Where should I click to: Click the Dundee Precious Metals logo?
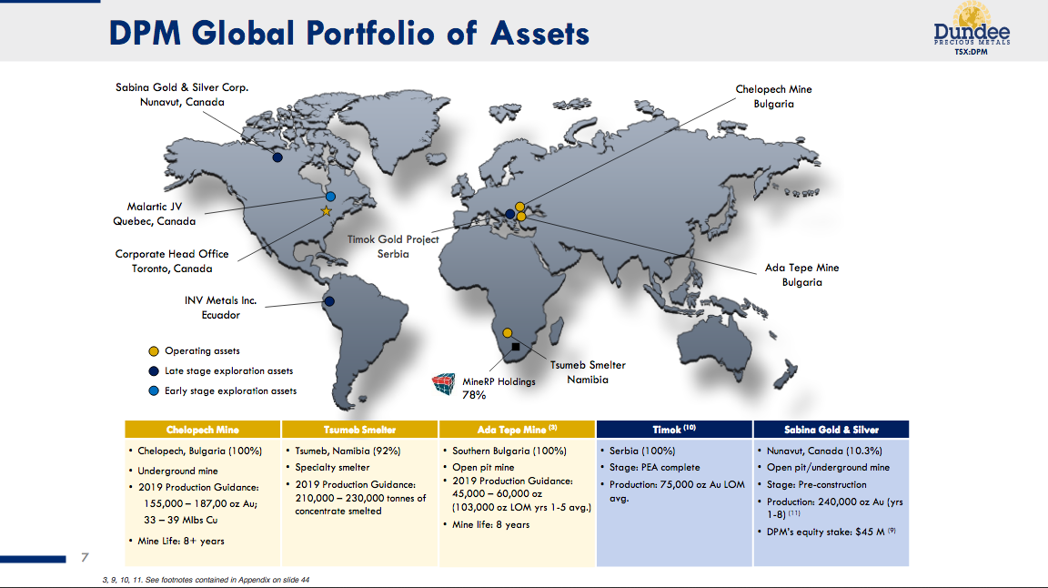point(972,29)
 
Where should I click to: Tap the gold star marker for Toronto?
point(327,211)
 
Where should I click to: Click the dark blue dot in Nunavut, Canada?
point(277,157)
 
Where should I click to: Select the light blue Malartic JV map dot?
point(330,197)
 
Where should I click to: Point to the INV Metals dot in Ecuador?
point(329,301)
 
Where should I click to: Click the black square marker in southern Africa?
point(516,347)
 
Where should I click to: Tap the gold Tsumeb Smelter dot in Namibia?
point(508,333)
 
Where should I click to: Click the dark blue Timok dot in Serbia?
point(510,214)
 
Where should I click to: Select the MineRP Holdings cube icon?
point(443,384)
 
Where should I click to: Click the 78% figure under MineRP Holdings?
point(474,395)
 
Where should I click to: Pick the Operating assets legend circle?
point(154,351)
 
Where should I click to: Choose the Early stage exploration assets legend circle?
point(154,390)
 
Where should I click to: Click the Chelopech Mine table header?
point(203,430)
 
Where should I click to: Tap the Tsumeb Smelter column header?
point(359,430)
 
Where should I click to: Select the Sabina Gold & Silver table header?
point(831,430)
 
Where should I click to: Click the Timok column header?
point(674,430)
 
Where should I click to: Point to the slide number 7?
point(85,557)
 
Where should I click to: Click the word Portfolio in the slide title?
point(369,33)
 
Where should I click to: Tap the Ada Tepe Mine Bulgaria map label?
point(802,275)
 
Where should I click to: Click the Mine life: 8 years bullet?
point(490,524)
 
